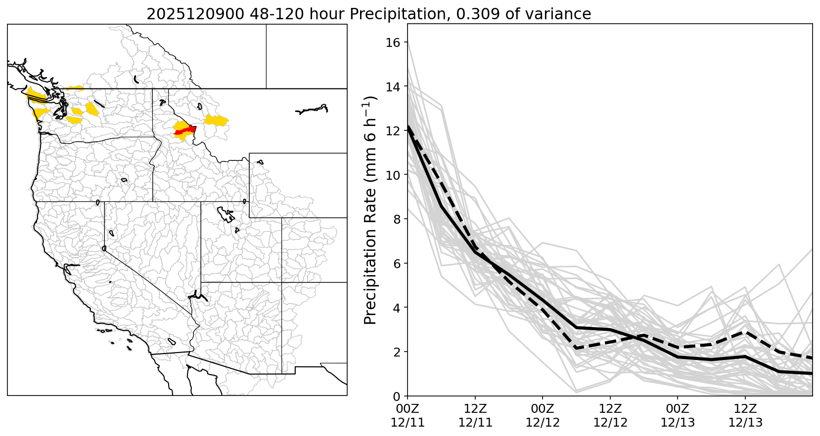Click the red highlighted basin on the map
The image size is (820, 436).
coord(184,130)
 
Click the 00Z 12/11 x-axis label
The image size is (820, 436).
coord(408,415)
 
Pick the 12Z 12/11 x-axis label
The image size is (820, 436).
coord(475,415)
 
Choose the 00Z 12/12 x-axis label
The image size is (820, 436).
coord(543,415)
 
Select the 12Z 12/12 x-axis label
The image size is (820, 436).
coord(610,415)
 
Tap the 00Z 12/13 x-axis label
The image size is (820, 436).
coord(678,415)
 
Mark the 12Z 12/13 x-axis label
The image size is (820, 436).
coord(745,415)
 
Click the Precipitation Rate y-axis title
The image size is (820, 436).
coord(370,210)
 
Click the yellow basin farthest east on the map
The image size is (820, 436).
coord(216,120)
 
